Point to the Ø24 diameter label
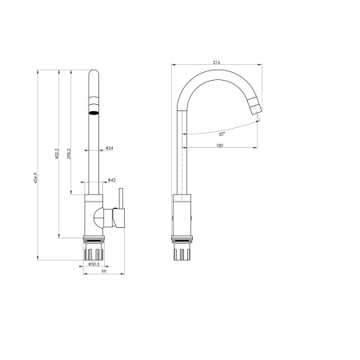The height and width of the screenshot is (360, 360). pos(109,148)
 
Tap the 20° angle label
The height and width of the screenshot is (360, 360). pos(220,134)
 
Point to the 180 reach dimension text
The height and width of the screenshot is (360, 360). pos(219,145)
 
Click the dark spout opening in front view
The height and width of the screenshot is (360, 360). pos(94,113)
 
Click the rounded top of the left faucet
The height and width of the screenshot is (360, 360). pos(94,76)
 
